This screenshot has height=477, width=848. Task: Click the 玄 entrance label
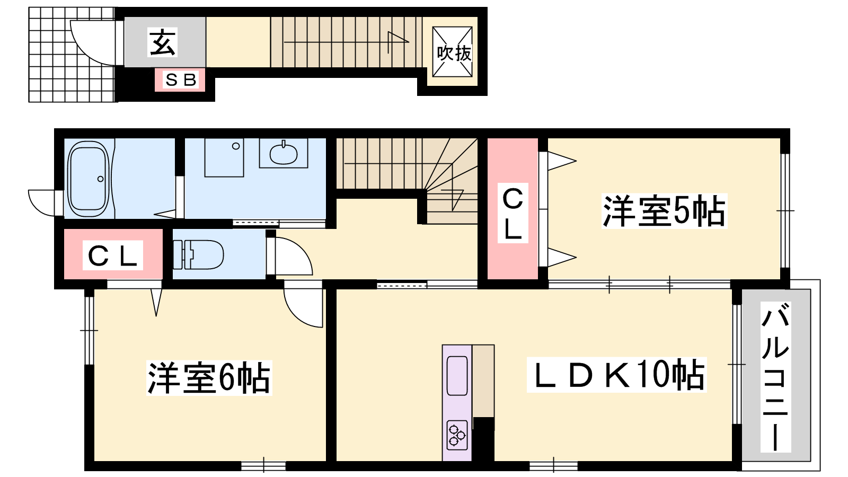pos(163,42)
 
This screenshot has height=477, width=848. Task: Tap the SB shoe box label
pos(181,80)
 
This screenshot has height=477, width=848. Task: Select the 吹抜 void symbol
pos(453,52)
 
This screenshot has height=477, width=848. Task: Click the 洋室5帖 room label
pos(664,211)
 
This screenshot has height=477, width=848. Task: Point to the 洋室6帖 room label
pos(209,378)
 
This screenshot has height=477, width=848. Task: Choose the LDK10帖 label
pos(617,375)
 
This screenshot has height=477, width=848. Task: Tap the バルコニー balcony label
pos(775,376)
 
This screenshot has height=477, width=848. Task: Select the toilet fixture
pos(198,254)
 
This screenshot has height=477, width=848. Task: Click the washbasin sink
pos(283,153)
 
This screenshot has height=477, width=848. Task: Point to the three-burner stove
pos(456,435)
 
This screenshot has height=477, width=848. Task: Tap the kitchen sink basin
pos(457,376)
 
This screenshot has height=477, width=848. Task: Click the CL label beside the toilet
pos(113,255)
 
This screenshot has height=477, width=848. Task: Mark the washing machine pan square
pos(224,157)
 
